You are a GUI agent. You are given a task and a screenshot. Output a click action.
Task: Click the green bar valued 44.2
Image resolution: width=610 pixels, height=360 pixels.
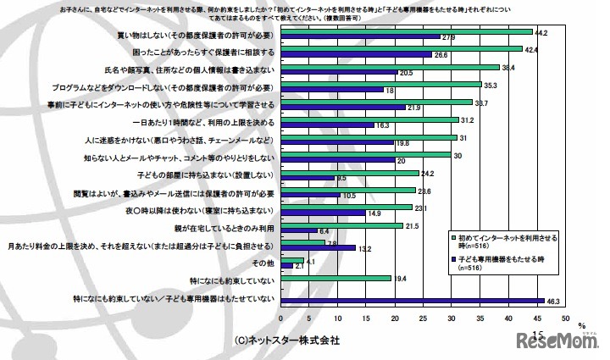[x=407, y=32]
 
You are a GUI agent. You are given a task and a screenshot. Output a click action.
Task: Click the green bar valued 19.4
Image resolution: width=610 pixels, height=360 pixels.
[x=335, y=277]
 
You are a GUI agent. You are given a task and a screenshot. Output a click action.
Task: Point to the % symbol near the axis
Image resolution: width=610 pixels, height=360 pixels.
[x=581, y=324]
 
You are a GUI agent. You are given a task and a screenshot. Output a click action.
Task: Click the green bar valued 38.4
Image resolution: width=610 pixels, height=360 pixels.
[x=390, y=68]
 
